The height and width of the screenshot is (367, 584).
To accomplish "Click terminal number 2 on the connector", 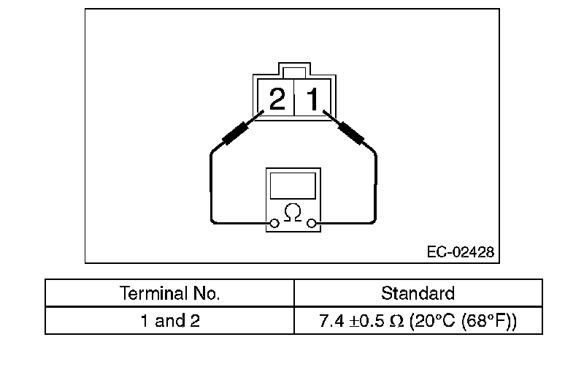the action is click(277, 99).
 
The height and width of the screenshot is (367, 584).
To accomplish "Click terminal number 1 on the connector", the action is click(312, 99).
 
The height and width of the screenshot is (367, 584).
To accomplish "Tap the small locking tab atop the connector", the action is click(295, 72).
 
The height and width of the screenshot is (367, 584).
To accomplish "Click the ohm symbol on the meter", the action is click(293, 212).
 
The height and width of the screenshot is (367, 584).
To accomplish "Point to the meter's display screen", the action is click(293, 186).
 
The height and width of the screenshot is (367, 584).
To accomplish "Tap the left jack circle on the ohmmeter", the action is click(274, 223).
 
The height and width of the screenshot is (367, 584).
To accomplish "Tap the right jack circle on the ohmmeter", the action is click(312, 223).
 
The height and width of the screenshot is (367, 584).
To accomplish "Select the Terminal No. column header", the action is click(169, 294).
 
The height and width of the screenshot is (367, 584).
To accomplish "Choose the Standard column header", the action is click(418, 294).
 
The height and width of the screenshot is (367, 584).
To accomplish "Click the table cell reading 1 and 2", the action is click(169, 320).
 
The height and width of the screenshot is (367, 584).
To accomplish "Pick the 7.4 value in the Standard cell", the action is click(331, 320).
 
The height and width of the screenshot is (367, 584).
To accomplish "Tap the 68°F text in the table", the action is click(491, 320).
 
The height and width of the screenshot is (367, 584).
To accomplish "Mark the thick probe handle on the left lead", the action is click(237, 134).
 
